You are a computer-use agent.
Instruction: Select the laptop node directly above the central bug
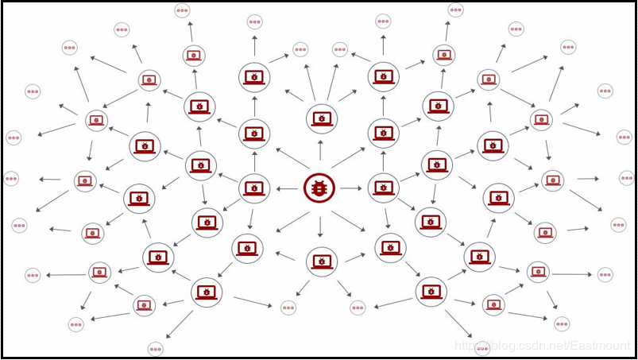pos(322,118)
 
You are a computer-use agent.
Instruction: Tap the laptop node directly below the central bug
pos(322,261)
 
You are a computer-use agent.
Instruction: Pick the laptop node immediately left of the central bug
pos(254,188)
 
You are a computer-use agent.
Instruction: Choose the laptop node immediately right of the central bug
pos(384,188)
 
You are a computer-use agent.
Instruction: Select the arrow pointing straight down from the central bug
pos(320,226)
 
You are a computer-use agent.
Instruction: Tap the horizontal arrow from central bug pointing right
pos(351,189)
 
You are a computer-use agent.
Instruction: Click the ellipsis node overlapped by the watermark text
pos(482,347)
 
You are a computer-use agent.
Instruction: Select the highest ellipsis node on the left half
pos(182,11)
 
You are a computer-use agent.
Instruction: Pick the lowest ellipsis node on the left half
pos(156,348)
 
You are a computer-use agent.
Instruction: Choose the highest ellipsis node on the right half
pos(455,10)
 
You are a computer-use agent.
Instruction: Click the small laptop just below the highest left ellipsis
pos(193,55)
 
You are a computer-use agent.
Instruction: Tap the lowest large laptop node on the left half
pos(207,292)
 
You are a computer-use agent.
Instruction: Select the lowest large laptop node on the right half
pos(431,292)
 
